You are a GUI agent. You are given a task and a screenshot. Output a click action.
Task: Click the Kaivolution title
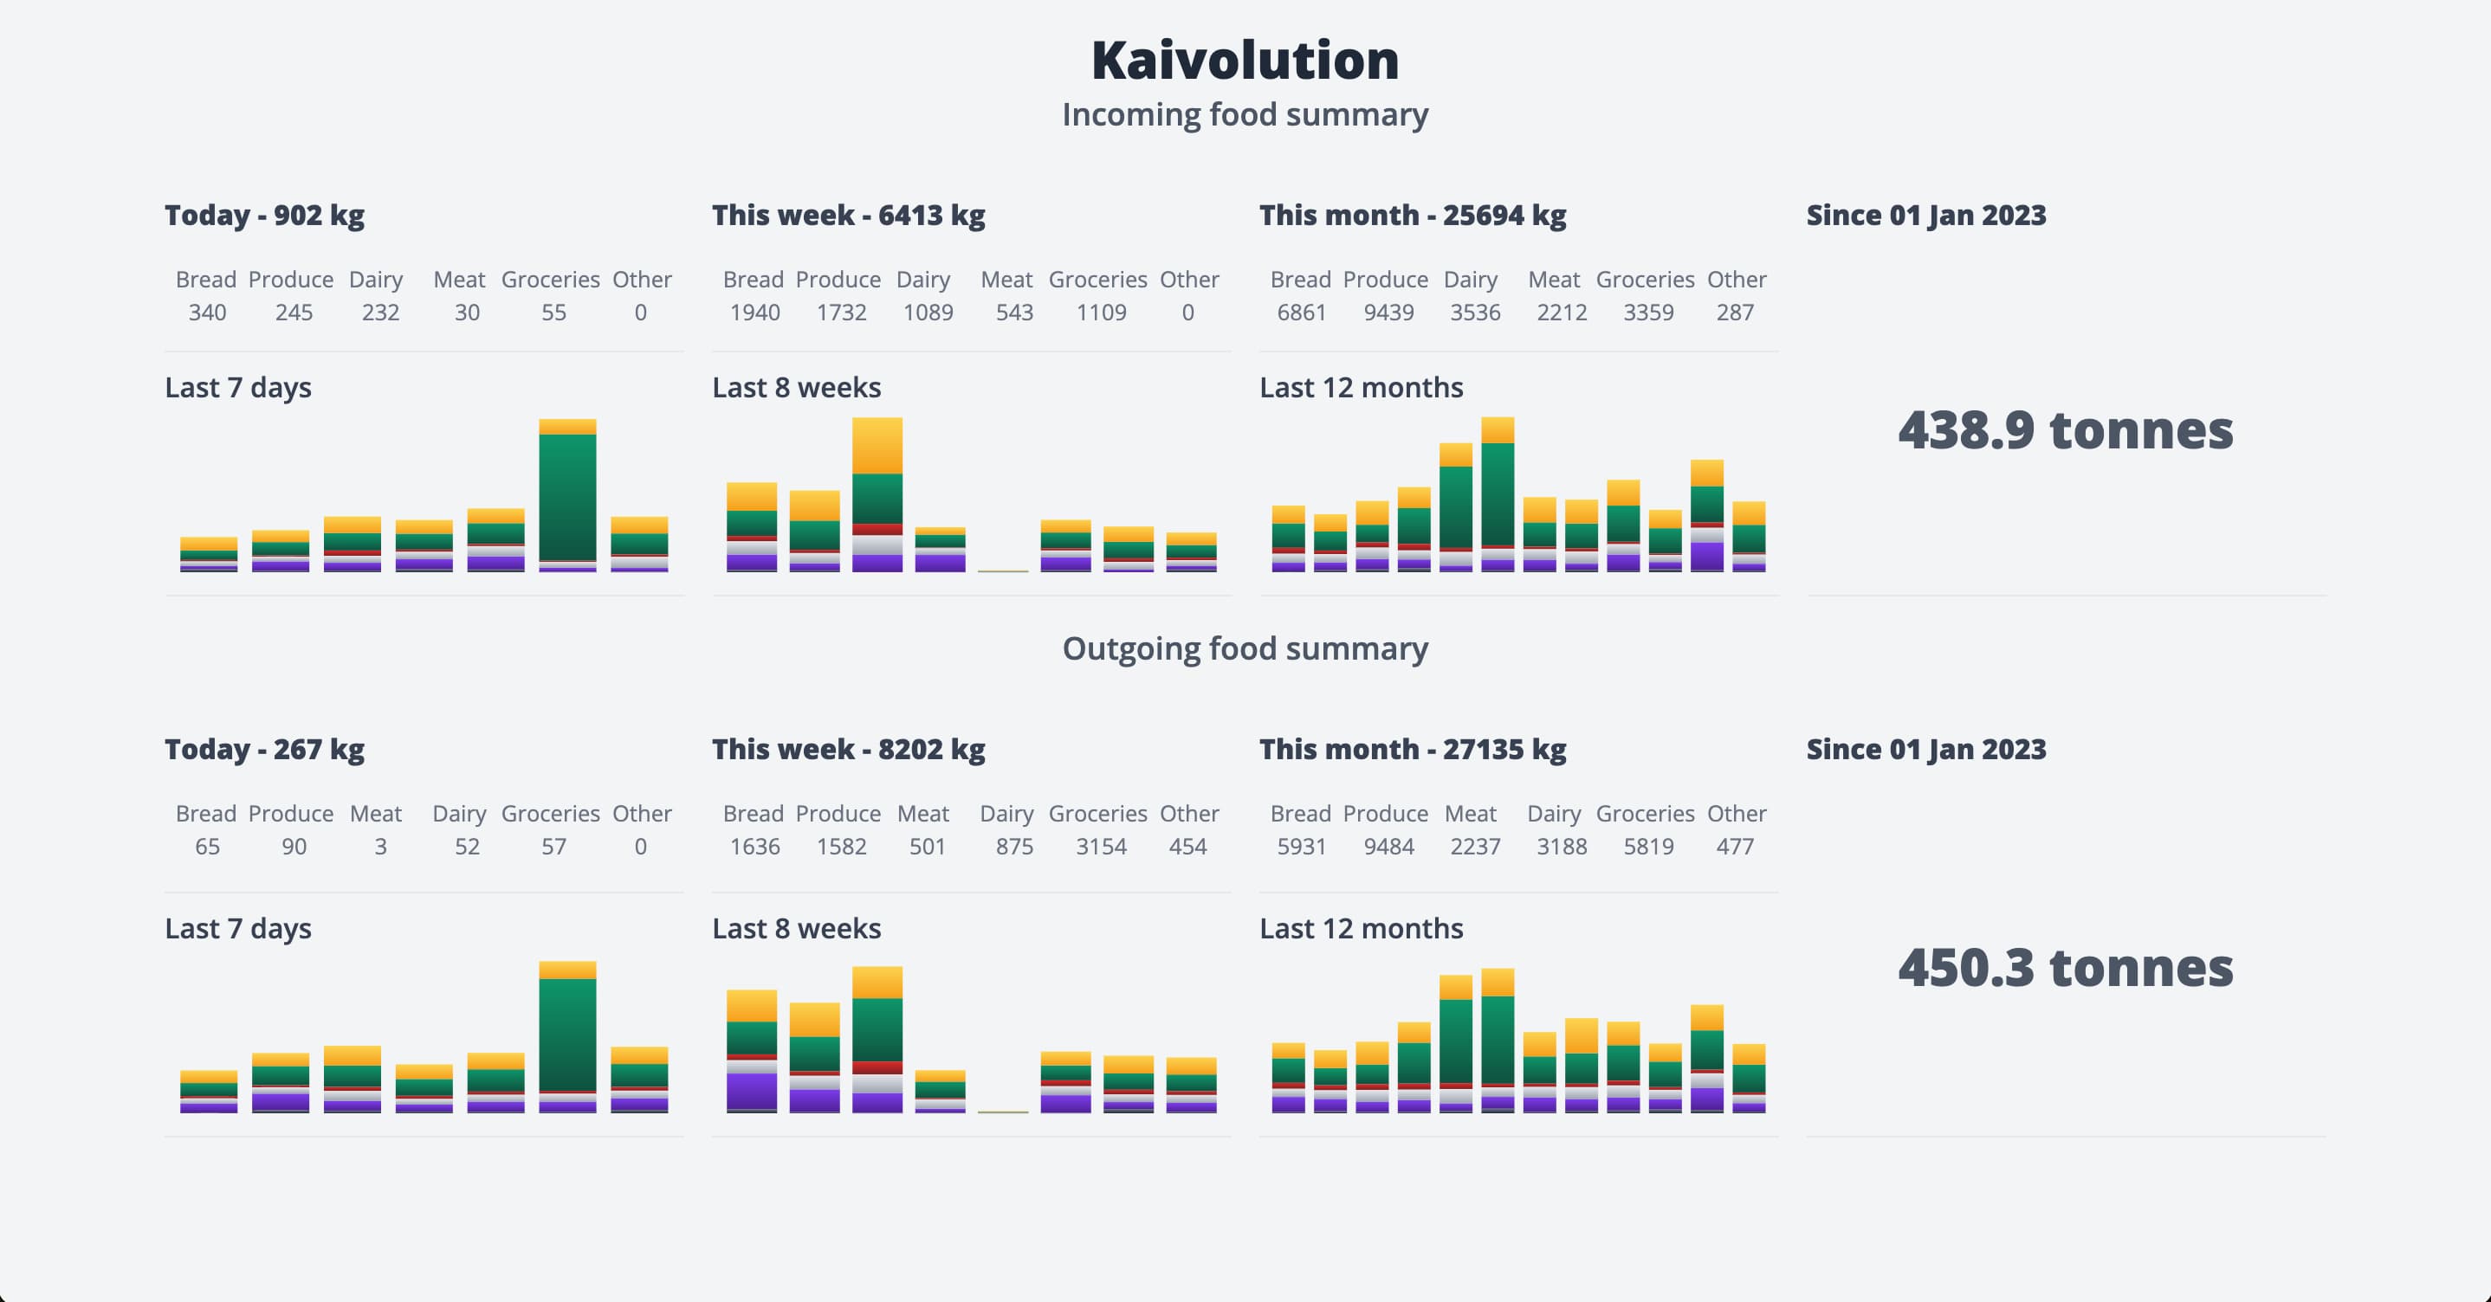pos(1245,60)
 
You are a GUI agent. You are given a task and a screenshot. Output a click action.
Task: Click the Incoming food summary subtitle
pos(1245,114)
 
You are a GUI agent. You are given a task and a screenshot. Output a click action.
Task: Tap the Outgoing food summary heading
pos(1245,648)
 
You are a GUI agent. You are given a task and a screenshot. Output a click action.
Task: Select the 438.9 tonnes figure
pos(2066,430)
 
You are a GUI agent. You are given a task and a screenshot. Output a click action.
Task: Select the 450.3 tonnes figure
pos(2066,968)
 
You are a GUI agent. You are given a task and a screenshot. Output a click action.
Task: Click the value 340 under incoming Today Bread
pos(207,313)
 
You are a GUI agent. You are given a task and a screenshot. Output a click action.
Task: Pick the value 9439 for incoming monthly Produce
pos(1388,313)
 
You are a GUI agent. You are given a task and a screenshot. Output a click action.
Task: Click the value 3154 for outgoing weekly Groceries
pos(1102,847)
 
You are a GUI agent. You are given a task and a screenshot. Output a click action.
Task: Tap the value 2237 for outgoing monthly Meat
pos(1475,847)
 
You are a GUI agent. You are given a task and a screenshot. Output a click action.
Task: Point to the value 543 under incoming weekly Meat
pos(1014,313)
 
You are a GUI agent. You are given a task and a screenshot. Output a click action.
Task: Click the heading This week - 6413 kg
pos(848,215)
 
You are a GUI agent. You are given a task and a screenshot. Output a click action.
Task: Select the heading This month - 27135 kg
pos(1412,749)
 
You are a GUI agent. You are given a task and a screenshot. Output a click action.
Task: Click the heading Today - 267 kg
pos(264,749)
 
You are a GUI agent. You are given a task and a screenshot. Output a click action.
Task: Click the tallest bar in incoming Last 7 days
pos(567,496)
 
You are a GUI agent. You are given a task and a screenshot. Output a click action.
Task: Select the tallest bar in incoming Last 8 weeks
pos(877,495)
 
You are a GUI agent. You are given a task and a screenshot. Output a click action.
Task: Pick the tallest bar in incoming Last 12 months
pos(1497,495)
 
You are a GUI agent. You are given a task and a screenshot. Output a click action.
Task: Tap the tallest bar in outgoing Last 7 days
pos(567,1037)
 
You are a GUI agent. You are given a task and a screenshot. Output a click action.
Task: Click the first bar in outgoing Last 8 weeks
pos(751,1051)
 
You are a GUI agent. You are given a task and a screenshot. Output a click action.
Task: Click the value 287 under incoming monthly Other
pos(1735,313)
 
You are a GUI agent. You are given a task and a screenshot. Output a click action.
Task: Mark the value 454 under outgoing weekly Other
pos(1187,847)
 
